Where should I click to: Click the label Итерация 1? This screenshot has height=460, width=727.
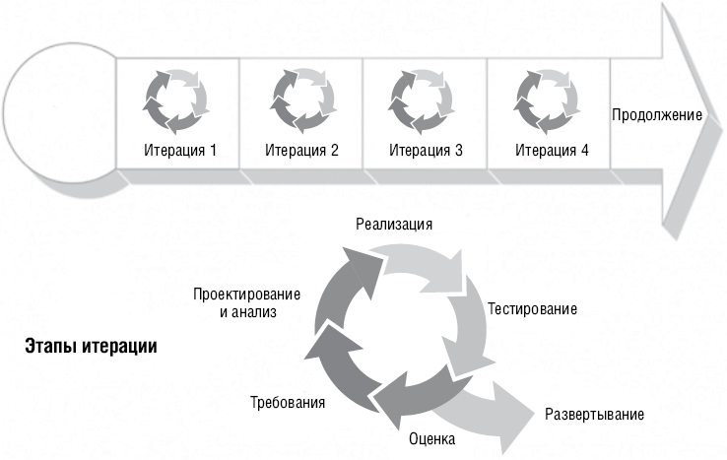pyautogui.click(x=180, y=151)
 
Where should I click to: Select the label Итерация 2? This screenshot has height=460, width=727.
pyautogui.click(x=301, y=151)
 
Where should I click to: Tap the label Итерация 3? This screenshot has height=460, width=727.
pyautogui.click(x=426, y=151)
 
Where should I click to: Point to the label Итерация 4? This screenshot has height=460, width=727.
pyautogui.click(x=552, y=151)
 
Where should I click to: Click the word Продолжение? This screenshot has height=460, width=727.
pyautogui.click(x=657, y=115)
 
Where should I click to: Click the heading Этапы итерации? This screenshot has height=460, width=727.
pyautogui.click(x=91, y=347)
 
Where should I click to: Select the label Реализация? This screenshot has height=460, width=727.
pyautogui.click(x=394, y=225)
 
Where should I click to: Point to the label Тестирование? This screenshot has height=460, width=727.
pyautogui.click(x=532, y=309)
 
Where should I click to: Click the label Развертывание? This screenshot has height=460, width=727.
pyautogui.click(x=594, y=414)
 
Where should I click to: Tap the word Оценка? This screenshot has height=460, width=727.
pyautogui.click(x=432, y=438)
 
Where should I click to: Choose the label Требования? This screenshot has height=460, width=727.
pyautogui.click(x=288, y=402)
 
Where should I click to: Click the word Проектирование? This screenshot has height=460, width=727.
pyautogui.click(x=246, y=294)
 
